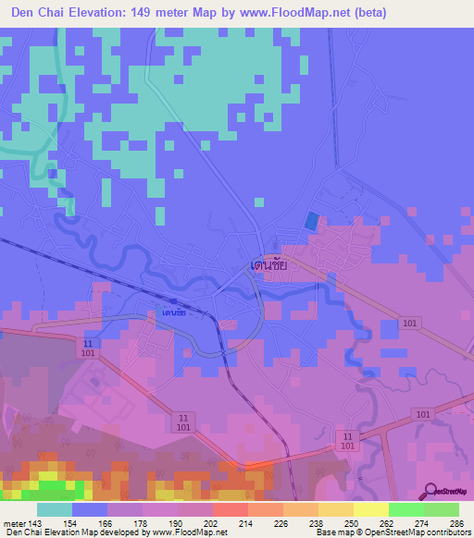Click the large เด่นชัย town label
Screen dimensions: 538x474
tap(269, 264)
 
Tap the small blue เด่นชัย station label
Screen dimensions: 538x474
tap(173, 312)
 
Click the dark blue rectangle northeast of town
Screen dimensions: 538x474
tap(311, 222)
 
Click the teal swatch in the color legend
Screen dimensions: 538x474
tap(55, 509)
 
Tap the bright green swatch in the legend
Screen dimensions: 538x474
tap(405, 509)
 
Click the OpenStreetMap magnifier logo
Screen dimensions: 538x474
tap(431, 492)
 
